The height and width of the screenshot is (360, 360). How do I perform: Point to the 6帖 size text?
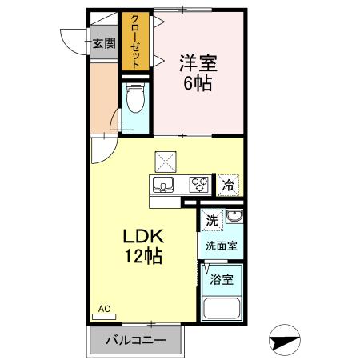[199, 82]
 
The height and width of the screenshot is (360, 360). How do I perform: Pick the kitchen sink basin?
[164, 186]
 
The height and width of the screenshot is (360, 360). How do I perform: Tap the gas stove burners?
[198, 185]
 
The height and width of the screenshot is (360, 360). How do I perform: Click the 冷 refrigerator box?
[228, 185]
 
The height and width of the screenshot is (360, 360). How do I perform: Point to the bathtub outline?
[223, 309]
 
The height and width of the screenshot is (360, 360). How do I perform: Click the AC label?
[103, 308]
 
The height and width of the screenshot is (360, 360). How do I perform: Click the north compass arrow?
[286, 341]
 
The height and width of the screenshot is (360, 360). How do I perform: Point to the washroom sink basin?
[234, 218]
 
